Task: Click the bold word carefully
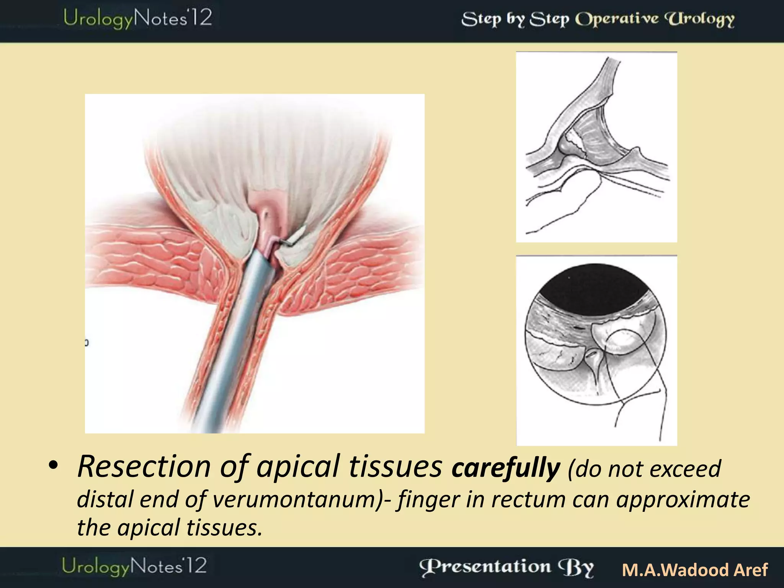pyautogui.click(x=506, y=468)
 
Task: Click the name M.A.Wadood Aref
pyautogui.click(x=694, y=570)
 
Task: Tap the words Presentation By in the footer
pyautogui.click(x=506, y=568)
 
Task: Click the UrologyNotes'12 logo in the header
pyautogui.click(x=137, y=18)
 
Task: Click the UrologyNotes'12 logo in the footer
pyautogui.click(x=134, y=566)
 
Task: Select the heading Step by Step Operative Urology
pyautogui.click(x=598, y=19)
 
